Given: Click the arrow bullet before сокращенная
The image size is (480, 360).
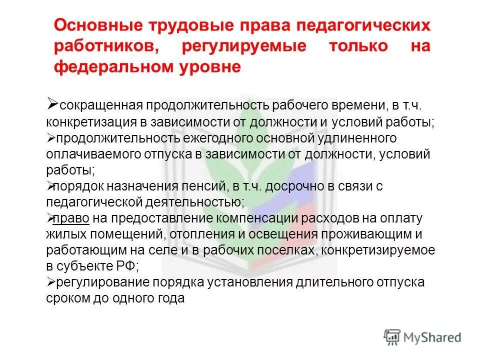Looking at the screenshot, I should point(52,103).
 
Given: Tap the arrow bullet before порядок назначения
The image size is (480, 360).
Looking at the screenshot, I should point(50,186).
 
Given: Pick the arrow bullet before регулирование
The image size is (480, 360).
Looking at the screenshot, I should point(50,282).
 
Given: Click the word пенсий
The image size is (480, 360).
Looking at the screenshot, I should point(205,186).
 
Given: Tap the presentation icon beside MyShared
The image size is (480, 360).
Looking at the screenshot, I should point(392,336).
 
